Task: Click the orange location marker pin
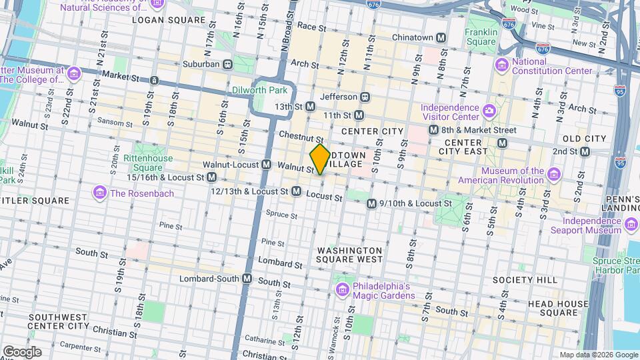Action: tap(319, 159)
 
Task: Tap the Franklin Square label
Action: tap(481, 37)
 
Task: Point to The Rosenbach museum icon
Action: tap(100, 193)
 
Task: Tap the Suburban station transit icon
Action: tap(228, 64)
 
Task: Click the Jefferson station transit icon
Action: tap(365, 96)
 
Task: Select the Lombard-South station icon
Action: tap(247, 278)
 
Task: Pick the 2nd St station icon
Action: tap(585, 151)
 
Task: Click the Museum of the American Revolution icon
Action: tap(553, 175)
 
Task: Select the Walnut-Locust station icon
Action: tap(266, 164)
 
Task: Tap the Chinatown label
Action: tap(413, 37)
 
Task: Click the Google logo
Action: tap(22, 351)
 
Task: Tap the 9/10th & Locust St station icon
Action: tap(371, 203)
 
